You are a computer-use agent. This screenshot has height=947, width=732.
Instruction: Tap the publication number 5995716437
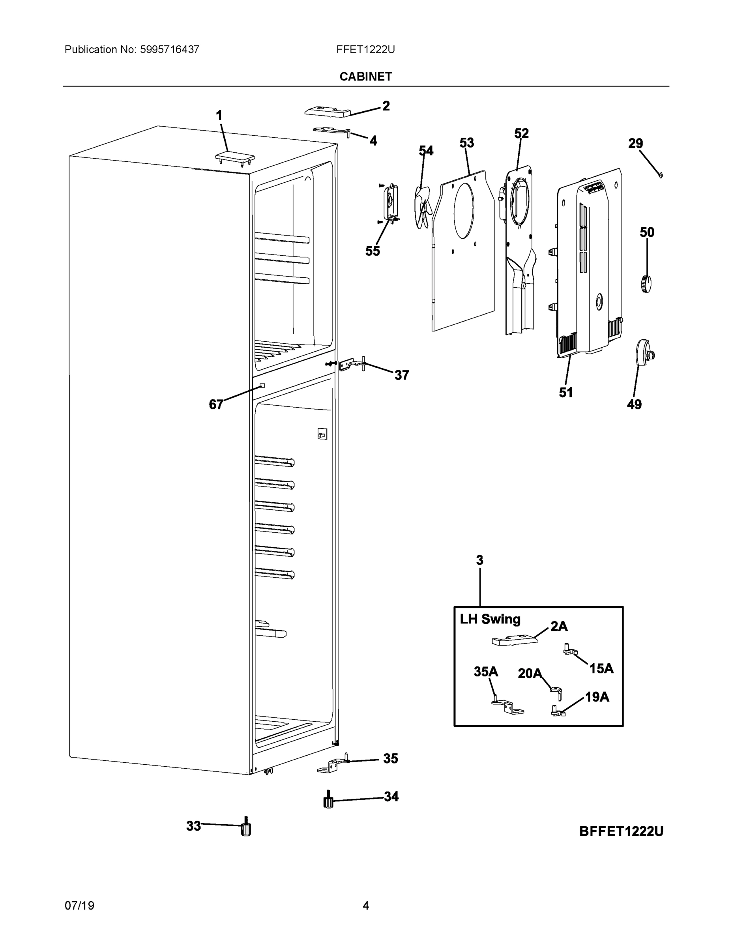point(169,49)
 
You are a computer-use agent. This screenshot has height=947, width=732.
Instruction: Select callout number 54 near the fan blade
point(426,150)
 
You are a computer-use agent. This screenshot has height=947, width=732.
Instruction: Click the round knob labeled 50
point(646,284)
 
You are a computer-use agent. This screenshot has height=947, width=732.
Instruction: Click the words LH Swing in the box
point(490,619)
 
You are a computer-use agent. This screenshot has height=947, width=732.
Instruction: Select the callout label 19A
point(597,697)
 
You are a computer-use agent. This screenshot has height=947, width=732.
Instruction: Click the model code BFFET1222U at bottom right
point(621,831)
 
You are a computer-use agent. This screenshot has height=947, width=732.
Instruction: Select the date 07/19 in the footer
point(79,906)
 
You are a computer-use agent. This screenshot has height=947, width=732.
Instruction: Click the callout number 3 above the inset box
point(479,560)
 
